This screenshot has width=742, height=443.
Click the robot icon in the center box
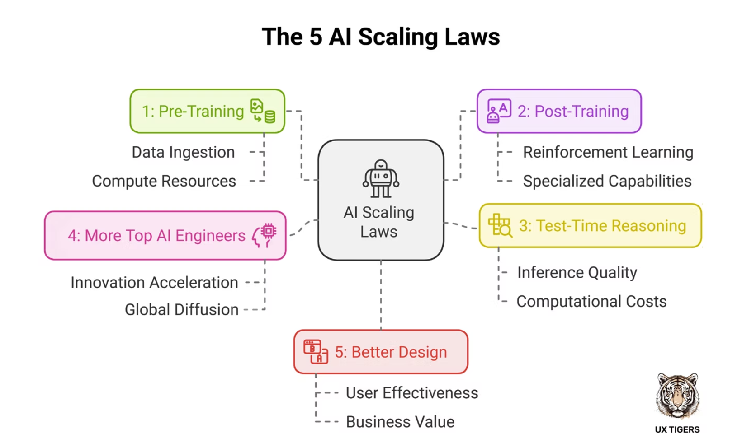click(x=381, y=179)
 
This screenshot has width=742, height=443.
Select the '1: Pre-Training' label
click(x=193, y=111)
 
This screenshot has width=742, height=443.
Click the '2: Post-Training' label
click(x=573, y=111)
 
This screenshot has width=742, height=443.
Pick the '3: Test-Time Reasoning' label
click(x=602, y=226)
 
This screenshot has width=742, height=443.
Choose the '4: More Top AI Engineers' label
click(x=156, y=236)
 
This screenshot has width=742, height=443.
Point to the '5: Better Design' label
click(x=391, y=352)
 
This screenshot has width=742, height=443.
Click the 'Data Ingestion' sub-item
click(x=183, y=153)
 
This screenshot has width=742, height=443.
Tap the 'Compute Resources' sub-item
click(x=164, y=182)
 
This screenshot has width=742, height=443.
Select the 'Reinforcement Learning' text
click(x=608, y=153)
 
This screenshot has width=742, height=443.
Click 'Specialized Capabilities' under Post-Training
click(x=607, y=182)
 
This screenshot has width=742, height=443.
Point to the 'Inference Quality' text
click(x=577, y=273)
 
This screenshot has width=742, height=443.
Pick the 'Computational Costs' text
click(x=591, y=302)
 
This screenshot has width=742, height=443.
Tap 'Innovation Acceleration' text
click(x=154, y=283)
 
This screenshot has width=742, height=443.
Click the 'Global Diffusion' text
click(x=181, y=310)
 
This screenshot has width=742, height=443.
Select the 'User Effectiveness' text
click(x=411, y=393)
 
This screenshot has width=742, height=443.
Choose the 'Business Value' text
click(x=400, y=422)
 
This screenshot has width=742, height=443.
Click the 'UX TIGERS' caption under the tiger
click(x=677, y=430)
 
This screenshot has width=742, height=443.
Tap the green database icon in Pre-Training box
click(x=270, y=117)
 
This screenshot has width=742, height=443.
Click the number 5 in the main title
click(x=316, y=37)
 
